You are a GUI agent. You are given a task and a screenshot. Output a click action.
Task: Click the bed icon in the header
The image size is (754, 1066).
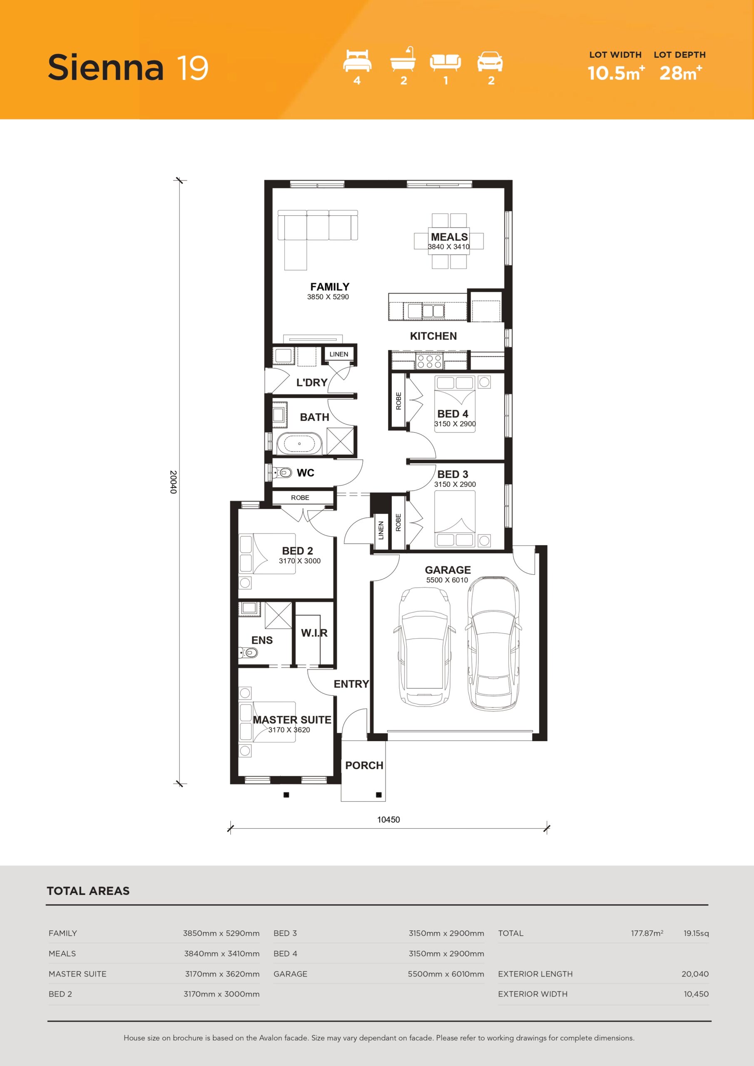coord(357,60)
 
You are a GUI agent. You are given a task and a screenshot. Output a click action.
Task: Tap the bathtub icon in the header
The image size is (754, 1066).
coord(403,59)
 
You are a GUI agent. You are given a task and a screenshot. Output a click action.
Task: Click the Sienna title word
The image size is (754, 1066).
coord(105,67)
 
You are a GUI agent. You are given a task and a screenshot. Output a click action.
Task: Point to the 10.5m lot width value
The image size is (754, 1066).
coord(616,73)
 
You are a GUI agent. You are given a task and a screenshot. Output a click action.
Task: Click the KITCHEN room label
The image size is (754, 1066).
coord(433,336)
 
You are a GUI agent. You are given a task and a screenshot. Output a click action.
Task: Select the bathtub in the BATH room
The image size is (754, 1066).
coord(299,443)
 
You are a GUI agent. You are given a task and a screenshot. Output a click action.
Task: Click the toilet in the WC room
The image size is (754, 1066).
coord(284,473)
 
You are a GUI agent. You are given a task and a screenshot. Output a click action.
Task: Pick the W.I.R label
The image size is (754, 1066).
coord(314,633)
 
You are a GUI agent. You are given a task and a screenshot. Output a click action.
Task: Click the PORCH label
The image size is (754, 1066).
coord(364,765)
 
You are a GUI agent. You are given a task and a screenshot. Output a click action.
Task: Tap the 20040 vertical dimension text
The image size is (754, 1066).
coord(173,482)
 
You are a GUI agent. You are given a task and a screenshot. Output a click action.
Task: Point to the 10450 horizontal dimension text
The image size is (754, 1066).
coord(388,819)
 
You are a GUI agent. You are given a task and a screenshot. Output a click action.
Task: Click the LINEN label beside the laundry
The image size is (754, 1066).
coord(339,354)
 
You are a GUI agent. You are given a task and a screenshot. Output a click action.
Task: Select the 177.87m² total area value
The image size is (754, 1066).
coord(647,933)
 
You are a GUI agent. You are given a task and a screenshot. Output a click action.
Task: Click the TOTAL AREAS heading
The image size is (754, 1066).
coord(88,891)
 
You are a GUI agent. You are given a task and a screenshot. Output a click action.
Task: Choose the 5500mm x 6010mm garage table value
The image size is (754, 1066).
coord(446,974)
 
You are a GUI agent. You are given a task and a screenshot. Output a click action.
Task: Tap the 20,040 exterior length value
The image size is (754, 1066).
coord(695,974)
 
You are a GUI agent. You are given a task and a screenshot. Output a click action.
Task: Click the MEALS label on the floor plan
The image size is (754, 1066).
coord(449,237)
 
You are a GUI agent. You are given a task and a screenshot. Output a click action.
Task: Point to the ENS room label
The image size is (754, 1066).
coord(262,640)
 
